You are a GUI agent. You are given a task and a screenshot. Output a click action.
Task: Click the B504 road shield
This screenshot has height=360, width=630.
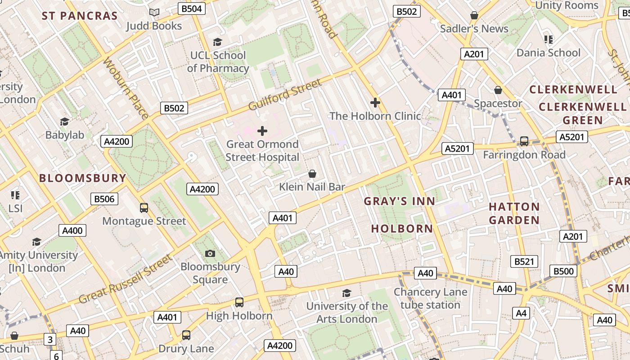[x=192, y=9]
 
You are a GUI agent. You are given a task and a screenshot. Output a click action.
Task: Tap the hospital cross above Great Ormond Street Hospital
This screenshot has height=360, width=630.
[x=262, y=131]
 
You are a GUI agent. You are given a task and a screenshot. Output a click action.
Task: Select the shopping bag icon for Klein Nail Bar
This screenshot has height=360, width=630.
[x=312, y=174]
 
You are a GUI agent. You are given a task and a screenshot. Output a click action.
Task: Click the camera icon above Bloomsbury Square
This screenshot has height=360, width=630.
[x=210, y=254]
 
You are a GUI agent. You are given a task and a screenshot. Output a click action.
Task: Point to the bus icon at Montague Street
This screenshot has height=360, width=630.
[x=144, y=208]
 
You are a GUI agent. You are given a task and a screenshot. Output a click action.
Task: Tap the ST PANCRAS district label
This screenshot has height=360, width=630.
[x=80, y=16]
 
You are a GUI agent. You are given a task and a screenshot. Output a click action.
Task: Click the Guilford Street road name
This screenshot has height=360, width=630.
[x=285, y=94]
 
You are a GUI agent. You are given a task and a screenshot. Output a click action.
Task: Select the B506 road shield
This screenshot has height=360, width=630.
[x=104, y=199]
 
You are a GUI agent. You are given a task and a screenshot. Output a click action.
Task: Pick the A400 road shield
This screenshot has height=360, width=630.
[x=72, y=231]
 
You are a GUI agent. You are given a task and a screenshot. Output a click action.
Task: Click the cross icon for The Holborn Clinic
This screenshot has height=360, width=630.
[x=375, y=103]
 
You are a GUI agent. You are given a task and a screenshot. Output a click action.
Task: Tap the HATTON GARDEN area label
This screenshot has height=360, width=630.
[x=514, y=213]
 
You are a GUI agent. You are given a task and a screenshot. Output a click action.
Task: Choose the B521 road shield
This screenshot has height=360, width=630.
[x=524, y=261]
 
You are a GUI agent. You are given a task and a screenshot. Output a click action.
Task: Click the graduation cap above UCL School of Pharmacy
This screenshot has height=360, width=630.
[x=218, y=42]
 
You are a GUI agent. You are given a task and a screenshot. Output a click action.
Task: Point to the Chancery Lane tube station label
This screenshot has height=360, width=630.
[x=431, y=298]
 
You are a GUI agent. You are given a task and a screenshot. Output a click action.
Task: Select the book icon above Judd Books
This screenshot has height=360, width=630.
[x=154, y=13]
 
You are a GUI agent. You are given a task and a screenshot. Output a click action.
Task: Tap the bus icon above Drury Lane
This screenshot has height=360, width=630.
[x=186, y=335]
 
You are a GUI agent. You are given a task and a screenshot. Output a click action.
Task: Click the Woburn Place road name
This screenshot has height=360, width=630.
[x=126, y=88]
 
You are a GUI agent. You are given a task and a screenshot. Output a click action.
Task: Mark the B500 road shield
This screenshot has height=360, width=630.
[x=563, y=271]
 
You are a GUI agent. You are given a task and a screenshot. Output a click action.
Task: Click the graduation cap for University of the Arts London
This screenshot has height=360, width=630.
[x=346, y=293]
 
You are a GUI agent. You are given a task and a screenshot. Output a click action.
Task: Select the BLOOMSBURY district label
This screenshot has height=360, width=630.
[x=83, y=178]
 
